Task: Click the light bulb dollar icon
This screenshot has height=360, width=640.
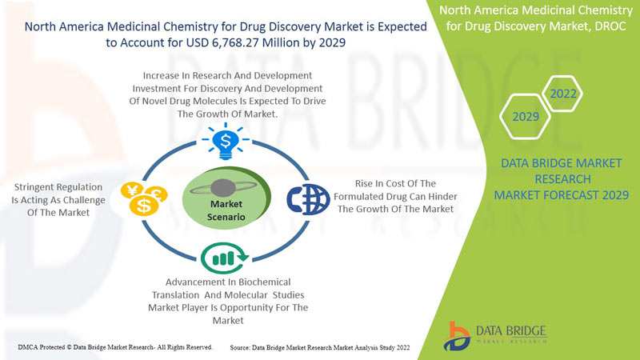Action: [x=226, y=142]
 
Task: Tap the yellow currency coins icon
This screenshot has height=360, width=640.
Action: [x=144, y=198]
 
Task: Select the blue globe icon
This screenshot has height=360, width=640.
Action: [x=308, y=199]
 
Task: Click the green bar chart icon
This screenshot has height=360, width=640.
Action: [x=224, y=258]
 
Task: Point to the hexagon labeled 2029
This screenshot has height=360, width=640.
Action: [x=526, y=117]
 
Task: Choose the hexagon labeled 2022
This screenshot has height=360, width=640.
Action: [x=563, y=94]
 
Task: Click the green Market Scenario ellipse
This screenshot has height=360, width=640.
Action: [x=226, y=198]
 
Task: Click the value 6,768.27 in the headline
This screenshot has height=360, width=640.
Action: [x=235, y=42]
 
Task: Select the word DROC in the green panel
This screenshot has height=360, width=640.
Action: [x=610, y=26]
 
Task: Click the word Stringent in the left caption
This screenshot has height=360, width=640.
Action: [x=37, y=187]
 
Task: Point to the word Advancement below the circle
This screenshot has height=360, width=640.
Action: [x=201, y=282]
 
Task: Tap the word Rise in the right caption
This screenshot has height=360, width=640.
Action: [x=363, y=184]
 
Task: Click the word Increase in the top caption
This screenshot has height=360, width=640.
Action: [x=161, y=75]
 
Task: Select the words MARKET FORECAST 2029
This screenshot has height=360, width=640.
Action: [x=562, y=195]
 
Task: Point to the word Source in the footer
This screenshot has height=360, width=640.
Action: [x=239, y=348]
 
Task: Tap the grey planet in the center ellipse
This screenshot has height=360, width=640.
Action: [x=223, y=188]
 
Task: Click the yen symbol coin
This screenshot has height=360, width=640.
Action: [x=132, y=190]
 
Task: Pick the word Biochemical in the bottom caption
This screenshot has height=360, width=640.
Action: [x=265, y=282]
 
